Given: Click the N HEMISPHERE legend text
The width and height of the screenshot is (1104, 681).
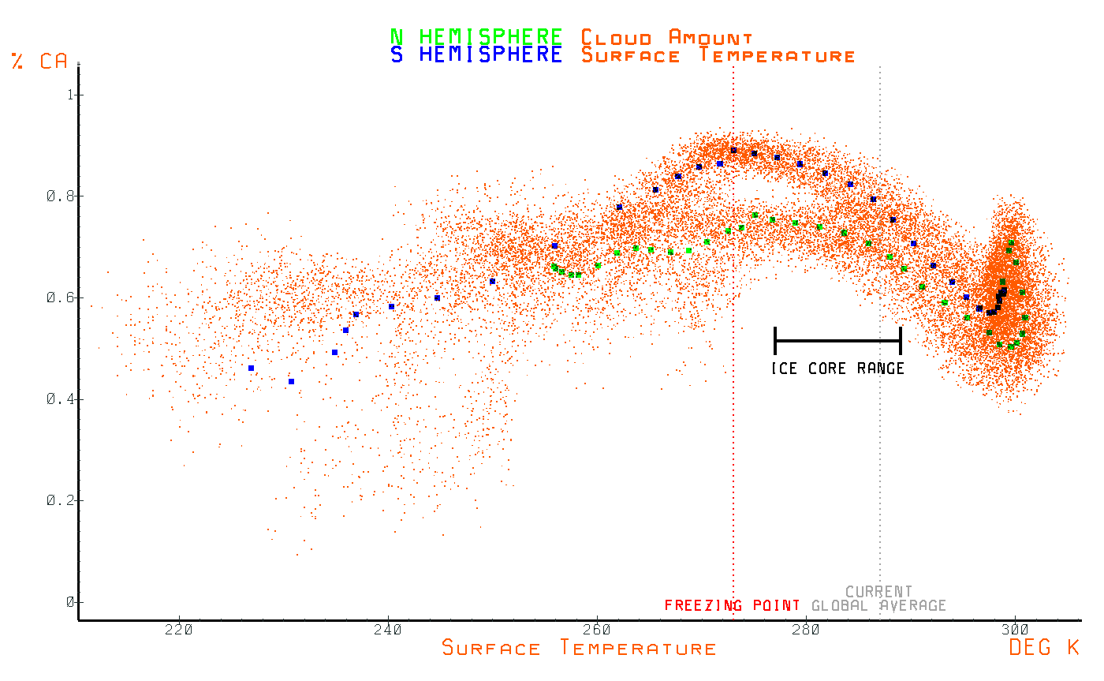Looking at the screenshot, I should click(x=476, y=36).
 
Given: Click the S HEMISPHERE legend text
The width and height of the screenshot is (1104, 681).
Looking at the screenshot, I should click(x=476, y=55).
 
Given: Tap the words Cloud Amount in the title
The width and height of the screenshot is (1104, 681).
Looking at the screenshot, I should click(x=666, y=37).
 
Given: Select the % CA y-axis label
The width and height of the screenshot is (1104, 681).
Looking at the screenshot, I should click(x=40, y=62).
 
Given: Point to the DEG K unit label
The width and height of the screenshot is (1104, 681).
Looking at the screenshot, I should click(x=1043, y=648).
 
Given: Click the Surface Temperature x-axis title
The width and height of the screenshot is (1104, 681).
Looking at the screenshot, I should click(x=579, y=649).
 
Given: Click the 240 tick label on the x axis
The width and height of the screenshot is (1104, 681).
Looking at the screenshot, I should click(x=388, y=630).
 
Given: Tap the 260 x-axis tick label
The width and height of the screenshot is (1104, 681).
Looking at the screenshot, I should click(x=597, y=630).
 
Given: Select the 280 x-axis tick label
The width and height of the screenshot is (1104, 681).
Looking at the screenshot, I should click(x=806, y=630).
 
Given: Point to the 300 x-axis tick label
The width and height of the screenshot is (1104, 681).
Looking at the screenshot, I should click(x=1015, y=630).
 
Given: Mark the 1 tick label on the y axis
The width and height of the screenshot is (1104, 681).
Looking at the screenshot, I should click(x=70, y=95).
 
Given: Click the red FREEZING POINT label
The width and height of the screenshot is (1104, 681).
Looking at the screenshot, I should click(x=731, y=605).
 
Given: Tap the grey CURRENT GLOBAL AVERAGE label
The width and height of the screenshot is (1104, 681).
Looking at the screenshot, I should click(x=878, y=599).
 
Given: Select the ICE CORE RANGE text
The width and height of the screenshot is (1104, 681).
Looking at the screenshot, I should click(x=837, y=369).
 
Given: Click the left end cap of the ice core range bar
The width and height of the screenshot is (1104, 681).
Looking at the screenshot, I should click(x=775, y=340).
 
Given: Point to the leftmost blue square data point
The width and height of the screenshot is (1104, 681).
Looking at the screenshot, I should click(x=251, y=368).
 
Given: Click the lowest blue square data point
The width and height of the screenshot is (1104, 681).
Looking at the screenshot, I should click(x=291, y=381).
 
